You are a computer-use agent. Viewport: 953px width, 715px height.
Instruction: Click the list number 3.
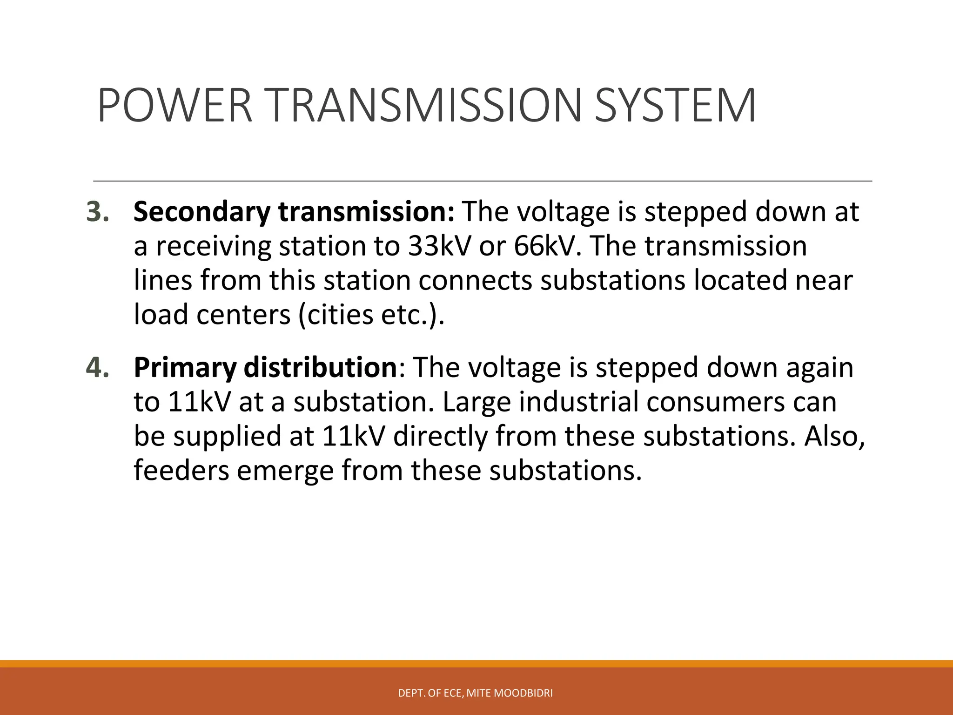tap(98, 212)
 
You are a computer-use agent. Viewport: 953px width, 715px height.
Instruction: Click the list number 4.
tap(98, 368)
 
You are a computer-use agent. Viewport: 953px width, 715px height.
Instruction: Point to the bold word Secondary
tap(201, 212)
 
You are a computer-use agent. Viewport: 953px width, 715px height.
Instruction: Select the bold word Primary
tap(185, 368)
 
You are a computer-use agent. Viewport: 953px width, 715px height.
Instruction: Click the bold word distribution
tap(320, 368)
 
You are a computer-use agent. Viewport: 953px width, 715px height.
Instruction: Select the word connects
tap(475, 281)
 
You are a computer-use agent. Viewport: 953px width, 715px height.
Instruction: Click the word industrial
tap(578, 402)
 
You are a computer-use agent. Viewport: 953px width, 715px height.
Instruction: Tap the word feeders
tap(181, 471)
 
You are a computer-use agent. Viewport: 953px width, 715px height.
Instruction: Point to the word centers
tap(243, 315)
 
